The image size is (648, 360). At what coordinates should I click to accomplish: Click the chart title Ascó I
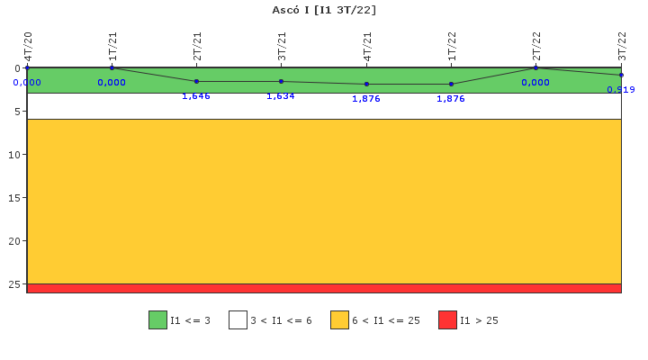pos(324,10)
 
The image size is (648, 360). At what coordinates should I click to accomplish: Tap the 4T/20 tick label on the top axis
pos(28,46)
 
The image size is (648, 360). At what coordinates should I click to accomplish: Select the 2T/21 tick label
pos(197,46)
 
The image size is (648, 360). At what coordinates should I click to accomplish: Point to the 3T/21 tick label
pos(282,46)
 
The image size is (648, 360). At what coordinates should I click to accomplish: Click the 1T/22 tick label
pos(452,46)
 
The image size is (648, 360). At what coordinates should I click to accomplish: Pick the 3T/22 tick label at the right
pos(621,46)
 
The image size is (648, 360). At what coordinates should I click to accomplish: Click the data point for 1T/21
pos(112,67)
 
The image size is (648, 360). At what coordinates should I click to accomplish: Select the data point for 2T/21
pos(196,81)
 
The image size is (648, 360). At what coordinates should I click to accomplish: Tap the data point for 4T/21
pos(366,84)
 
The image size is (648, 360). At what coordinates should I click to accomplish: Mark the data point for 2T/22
pos(535,67)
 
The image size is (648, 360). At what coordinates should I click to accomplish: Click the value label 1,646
pos(196,96)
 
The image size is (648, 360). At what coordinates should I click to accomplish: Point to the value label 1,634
pos(281,96)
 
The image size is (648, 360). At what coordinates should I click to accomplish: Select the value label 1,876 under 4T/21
pos(366,99)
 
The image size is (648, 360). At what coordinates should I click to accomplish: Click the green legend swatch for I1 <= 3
pos(157,319)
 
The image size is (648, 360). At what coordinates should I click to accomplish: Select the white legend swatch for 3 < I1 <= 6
pos(238,319)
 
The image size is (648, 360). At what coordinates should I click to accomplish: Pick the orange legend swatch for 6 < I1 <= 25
pos(339,319)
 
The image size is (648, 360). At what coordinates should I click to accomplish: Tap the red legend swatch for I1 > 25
pos(447,319)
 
